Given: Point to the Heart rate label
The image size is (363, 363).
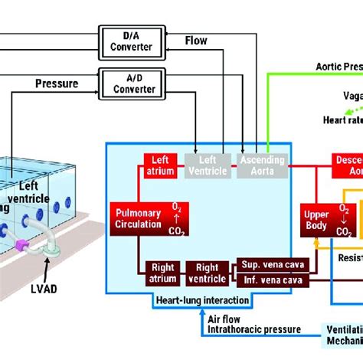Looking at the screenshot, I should (x=342, y=120).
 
